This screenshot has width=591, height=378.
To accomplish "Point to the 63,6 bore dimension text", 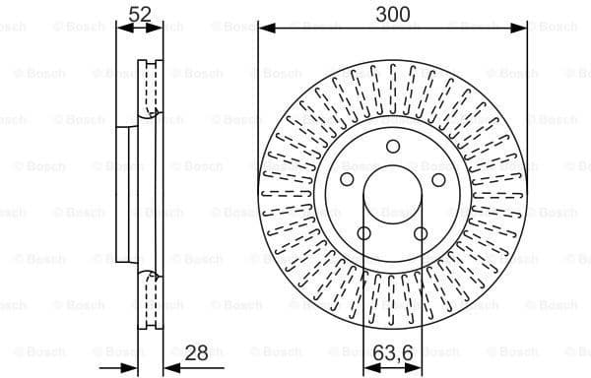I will point(393,350).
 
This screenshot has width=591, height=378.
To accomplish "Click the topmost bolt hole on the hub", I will point(392,147).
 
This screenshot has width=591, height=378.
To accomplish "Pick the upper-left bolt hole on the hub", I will point(346,180).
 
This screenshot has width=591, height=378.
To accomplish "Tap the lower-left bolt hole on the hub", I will point(363,234).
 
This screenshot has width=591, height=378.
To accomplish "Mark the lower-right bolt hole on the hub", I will point(421,234).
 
